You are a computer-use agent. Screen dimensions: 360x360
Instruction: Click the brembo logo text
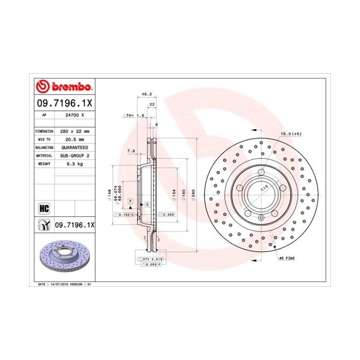pos(68,87)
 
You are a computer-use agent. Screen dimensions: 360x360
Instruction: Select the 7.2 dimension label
pos(130,152)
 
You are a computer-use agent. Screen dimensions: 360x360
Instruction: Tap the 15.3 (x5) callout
pos(290,133)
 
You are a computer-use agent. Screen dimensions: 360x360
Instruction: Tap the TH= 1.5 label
pos(136,116)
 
